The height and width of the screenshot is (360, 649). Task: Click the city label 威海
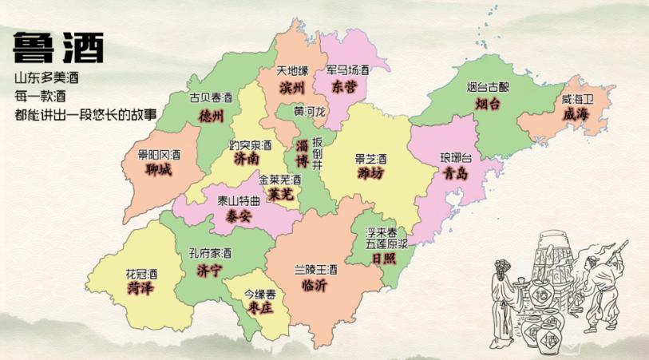(x=576, y=114)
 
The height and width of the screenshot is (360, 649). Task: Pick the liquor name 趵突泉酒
(x=250, y=145)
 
